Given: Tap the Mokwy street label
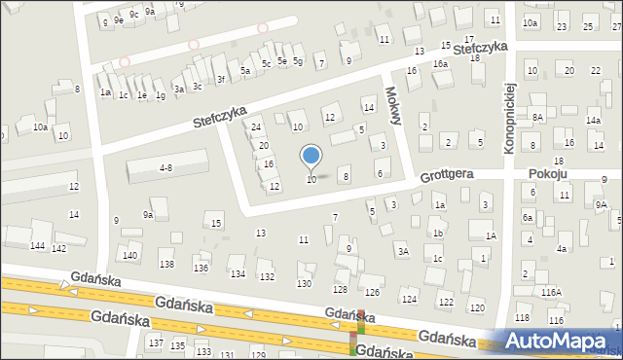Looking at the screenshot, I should click(393, 101).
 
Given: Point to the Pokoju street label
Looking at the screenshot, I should click(547, 173).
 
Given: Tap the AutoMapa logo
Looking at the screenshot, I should click(558, 342).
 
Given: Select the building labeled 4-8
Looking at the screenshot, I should click(165, 167).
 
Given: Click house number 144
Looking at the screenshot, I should click(37, 246).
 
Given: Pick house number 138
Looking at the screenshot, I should click(166, 265).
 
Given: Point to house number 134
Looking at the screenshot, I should click(238, 274).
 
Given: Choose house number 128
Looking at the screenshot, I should click(340, 289).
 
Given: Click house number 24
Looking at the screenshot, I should click(256, 127).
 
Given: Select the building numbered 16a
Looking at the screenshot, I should click(440, 64).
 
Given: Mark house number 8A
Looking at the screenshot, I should click(536, 117).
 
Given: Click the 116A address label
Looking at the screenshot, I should click(552, 292).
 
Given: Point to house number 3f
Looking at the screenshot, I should click(221, 79).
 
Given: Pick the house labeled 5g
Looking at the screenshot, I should click(299, 62).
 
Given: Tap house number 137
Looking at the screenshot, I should click(155, 343).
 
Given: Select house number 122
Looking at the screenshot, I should click(445, 303).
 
